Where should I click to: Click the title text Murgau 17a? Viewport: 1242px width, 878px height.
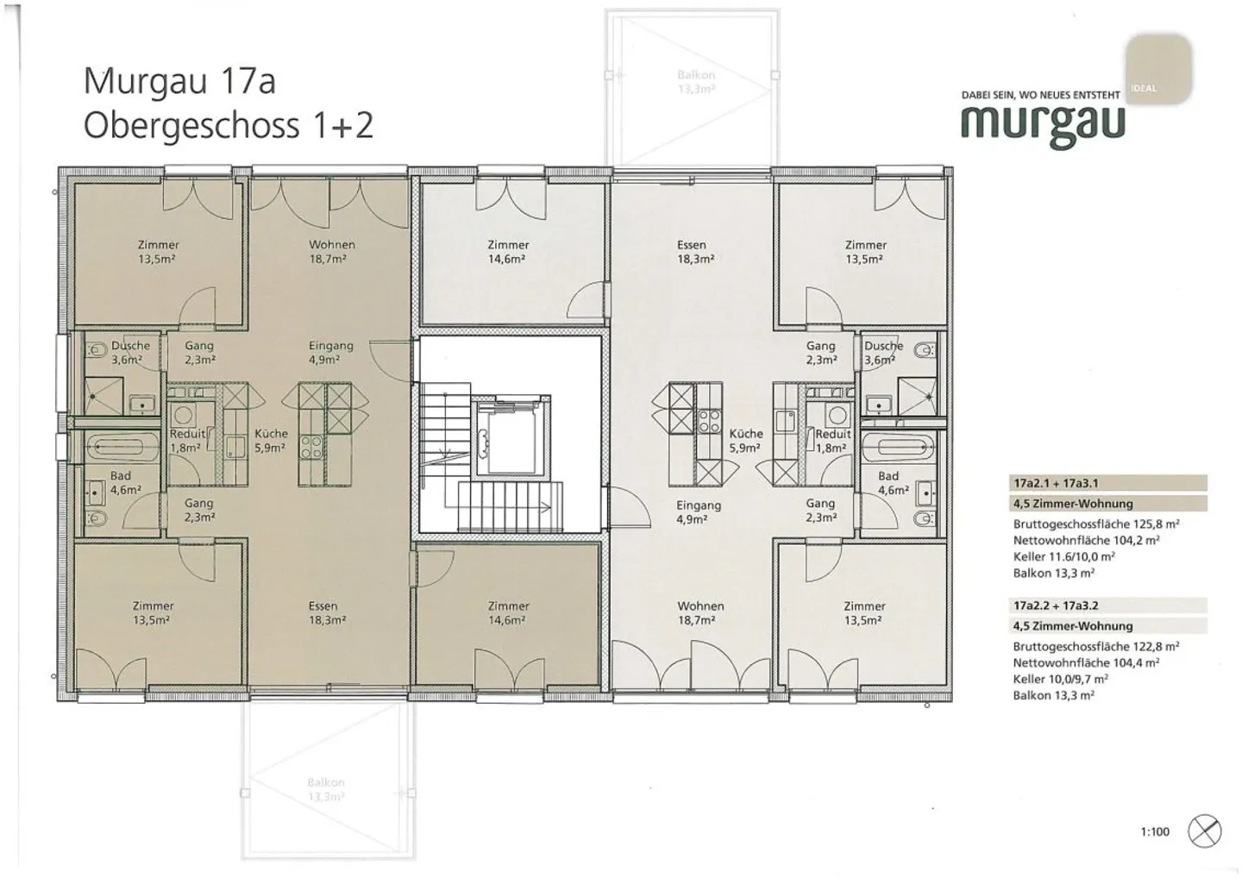tap(179, 82)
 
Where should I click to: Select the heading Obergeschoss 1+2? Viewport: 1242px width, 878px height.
tap(229, 126)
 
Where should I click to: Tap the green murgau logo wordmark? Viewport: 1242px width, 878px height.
tap(1043, 123)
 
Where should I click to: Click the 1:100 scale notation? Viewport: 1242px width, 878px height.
tap(1155, 832)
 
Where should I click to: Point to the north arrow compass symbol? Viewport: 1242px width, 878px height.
tap(1204, 831)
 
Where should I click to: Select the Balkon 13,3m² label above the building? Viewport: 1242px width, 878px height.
tap(696, 82)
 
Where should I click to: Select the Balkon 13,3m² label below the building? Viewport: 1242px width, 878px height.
tap(326, 789)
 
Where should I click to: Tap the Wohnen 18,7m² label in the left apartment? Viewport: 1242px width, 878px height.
tap(332, 251)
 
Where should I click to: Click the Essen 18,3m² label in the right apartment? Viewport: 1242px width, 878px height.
tap(692, 251)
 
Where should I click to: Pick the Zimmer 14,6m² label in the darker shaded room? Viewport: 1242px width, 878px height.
tap(508, 612)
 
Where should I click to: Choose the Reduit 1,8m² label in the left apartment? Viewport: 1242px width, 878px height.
tap(186, 440)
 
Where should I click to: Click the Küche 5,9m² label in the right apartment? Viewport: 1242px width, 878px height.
tap(746, 440)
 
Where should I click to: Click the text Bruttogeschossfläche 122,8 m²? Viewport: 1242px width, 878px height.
tap(1096, 646)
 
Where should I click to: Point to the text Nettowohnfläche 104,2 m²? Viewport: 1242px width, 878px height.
tap(1086, 540)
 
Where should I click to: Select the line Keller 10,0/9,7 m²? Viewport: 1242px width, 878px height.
tap(1060, 679)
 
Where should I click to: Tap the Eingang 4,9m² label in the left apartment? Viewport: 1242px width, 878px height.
tap(331, 352)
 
